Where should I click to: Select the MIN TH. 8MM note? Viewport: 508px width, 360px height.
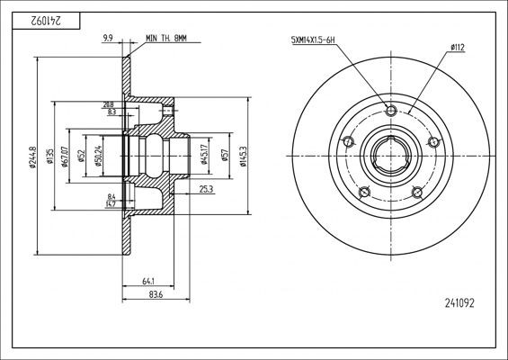click(168, 39)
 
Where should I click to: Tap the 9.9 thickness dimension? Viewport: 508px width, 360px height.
click(108, 39)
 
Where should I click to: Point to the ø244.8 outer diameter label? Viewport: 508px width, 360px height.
click(31, 155)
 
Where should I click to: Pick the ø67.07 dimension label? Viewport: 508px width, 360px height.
click(66, 155)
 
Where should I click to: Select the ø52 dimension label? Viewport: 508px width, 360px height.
click(82, 155)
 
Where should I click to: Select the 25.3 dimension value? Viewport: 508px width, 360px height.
click(205, 189)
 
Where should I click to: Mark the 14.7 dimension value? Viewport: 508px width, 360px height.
click(111, 205)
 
